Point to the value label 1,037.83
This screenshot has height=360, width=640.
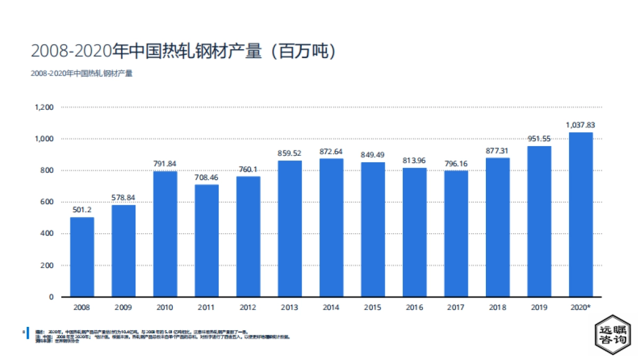point(580,125)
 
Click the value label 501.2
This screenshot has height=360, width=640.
point(82,210)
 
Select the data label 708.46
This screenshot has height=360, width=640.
point(206,177)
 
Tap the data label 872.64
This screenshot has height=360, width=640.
point(331,151)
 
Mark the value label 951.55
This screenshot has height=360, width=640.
point(539,139)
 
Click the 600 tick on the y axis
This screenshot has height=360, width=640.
point(47,202)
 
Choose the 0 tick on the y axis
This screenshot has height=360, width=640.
point(51,297)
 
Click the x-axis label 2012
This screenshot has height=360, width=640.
point(248,308)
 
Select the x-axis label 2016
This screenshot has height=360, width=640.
point(414,308)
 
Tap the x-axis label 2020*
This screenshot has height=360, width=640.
point(581,308)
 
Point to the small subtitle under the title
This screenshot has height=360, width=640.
point(82,74)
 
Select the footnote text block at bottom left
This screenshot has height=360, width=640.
point(160,335)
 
